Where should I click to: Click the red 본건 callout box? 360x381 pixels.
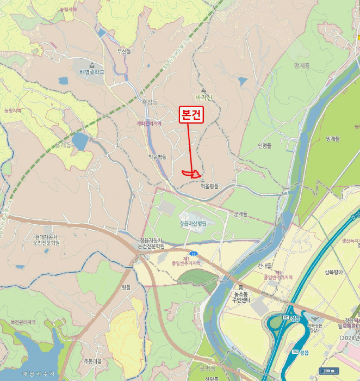pyautogui.click(x=191, y=115)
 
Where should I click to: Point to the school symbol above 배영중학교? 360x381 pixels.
pyautogui.click(x=91, y=64)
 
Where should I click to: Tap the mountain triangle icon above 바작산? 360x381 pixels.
pyautogui.click(x=203, y=90)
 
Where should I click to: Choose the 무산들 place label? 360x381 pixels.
pyautogui.click(x=125, y=52)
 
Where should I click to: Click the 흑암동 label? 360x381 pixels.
pyautogui.click(x=149, y=102)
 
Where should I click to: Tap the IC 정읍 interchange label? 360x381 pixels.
pyautogui.click(x=292, y=317)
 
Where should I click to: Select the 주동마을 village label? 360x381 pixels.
pyautogui.click(x=92, y=361)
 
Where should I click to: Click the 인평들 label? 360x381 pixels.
pyautogui.click(x=264, y=145)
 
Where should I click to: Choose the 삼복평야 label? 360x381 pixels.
pyautogui.click(x=334, y=273)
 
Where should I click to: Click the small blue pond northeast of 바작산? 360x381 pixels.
pyautogui.click(x=243, y=81)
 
